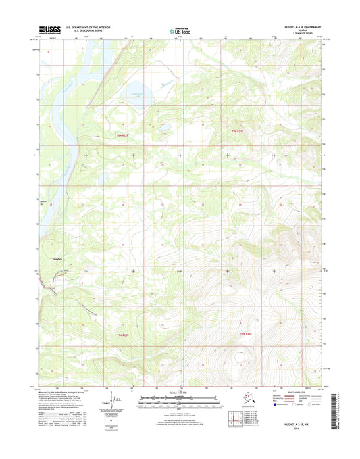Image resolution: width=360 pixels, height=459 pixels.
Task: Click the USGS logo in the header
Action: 49,30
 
